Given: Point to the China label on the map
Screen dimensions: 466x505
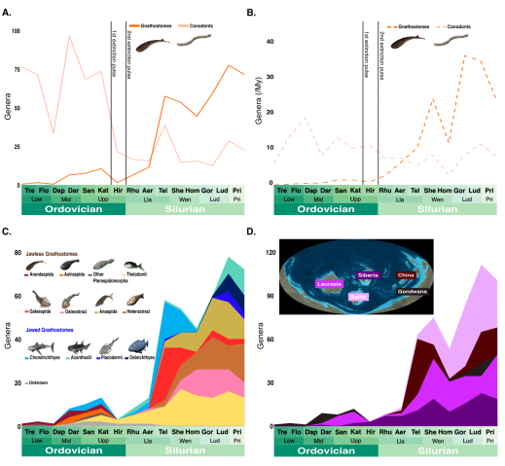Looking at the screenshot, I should pyautogui.click(x=405, y=275).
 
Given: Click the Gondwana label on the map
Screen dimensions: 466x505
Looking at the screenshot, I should pyautogui.click(x=414, y=290).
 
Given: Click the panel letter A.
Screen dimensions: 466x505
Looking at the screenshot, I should pyautogui.click(x=8, y=12).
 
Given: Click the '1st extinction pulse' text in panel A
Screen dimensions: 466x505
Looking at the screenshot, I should pyautogui.click(x=114, y=57).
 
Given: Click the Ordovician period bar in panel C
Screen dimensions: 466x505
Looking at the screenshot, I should pyautogui.click(x=64, y=452).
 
